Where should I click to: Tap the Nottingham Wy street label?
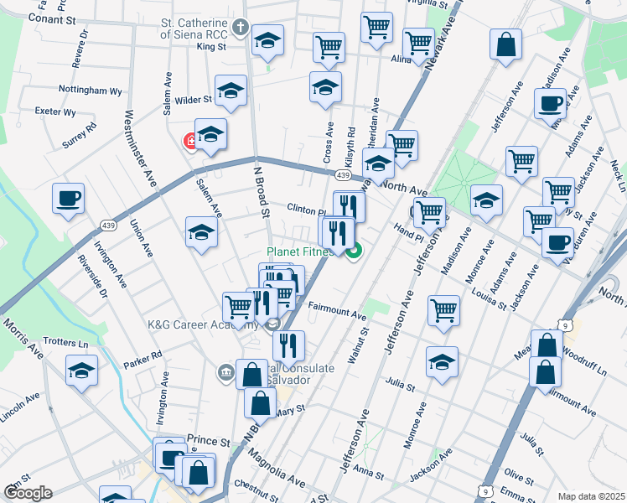pos(91,90)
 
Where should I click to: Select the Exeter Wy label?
pos(56,111)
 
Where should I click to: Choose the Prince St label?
pos(208,440)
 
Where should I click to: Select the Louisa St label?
pos(490,300)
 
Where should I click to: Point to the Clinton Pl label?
pos(306,210)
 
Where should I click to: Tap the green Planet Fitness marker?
pos(353,248)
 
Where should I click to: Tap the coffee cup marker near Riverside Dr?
pos(69,200)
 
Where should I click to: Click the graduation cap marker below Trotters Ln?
pos(82,369)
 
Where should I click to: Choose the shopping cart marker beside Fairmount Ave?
pos(443,310)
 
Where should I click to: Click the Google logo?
pos(27,493)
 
